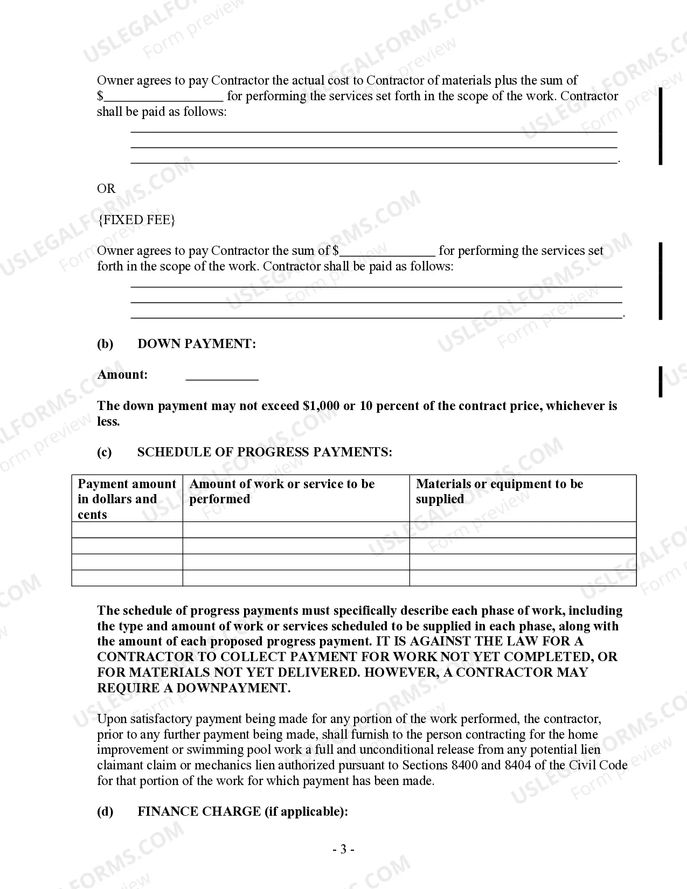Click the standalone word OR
pos(106,189)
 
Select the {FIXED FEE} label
pos(136,220)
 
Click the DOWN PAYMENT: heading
pos(197,344)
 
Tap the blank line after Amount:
pos(222,376)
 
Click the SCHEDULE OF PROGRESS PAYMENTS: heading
pos(265,452)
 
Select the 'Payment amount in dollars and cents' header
pos(127,499)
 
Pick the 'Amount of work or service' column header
pos(282,491)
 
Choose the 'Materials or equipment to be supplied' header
pos(499,491)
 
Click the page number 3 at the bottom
pos(343,850)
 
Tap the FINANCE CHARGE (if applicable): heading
pos(242,811)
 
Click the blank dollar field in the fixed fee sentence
pos(387,251)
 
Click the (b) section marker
pos(105,344)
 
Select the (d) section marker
pos(105,811)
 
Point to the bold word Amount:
pos(122,375)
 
